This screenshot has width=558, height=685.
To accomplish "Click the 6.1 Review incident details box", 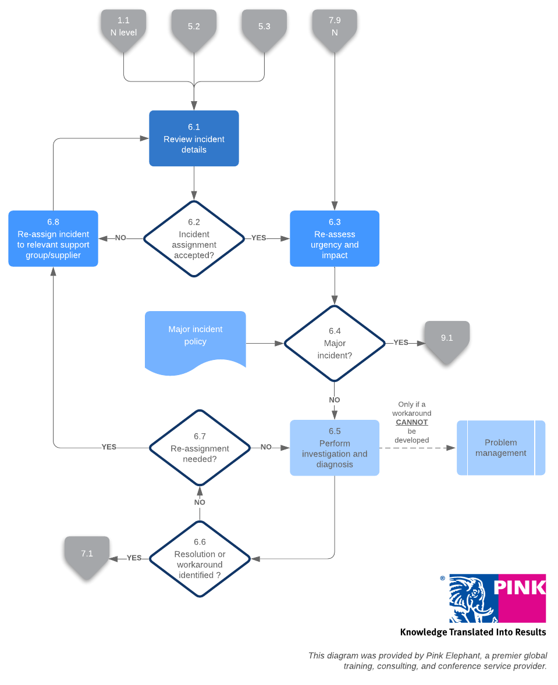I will click(194, 138).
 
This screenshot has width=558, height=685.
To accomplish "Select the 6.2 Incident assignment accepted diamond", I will click(194, 238).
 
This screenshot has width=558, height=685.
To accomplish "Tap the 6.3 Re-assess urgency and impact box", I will click(335, 238).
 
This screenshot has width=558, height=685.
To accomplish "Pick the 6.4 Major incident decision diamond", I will click(335, 343).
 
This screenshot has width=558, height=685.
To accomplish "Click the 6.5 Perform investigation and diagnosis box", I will click(335, 448).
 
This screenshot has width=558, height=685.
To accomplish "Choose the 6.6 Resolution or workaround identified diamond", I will click(200, 558).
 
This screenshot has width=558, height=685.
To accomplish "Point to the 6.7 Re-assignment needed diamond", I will click(200, 448).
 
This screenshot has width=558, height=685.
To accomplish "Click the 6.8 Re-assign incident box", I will click(53, 238).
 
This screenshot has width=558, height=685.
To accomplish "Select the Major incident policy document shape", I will click(195, 340).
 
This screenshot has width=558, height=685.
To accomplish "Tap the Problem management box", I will click(500, 448).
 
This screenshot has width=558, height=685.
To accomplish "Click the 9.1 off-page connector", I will click(446, 340).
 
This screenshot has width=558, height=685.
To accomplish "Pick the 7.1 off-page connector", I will click(87, 555).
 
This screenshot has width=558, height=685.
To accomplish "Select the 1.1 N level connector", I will click(123, 28).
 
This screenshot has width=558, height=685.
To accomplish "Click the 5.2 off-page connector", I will click(194, 28).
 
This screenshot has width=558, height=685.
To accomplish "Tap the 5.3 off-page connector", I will click(264, 28).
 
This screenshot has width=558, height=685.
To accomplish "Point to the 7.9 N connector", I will click(335, 28).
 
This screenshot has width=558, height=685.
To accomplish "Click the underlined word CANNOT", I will click(412, 422).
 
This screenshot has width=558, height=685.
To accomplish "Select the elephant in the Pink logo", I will click(472, 598).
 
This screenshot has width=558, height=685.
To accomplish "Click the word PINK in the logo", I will click(520, 587).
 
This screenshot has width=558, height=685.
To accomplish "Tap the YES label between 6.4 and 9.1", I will click(401, 342).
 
